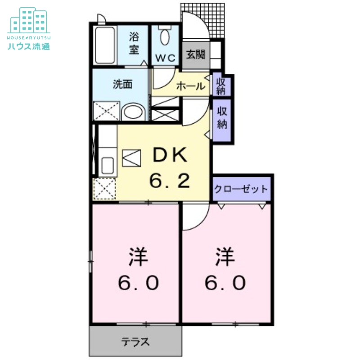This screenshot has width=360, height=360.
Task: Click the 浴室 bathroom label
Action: pos(134,43)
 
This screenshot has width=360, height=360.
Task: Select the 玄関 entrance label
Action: pos(196,54)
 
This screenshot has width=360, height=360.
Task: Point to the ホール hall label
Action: pos(191,86)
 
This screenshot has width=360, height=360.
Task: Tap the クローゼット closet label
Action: pos(241,189)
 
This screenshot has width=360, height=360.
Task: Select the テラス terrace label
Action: pos(135,342)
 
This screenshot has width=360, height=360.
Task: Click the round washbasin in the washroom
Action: pos(133,112)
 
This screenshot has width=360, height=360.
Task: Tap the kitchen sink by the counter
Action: pos(108,166)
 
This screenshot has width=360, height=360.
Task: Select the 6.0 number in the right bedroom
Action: pos(226,283)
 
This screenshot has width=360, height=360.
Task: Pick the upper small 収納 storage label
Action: pos(221,85)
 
